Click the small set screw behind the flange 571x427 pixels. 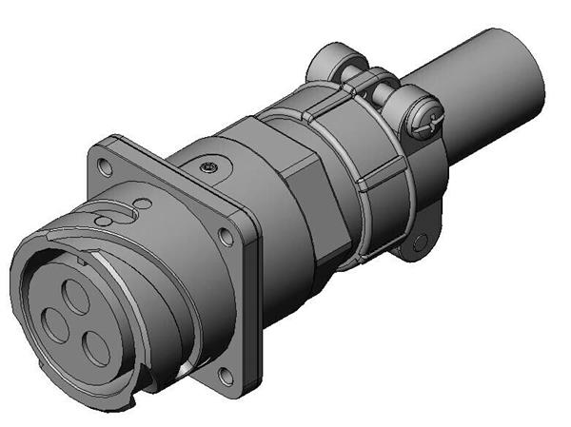[208, 167]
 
